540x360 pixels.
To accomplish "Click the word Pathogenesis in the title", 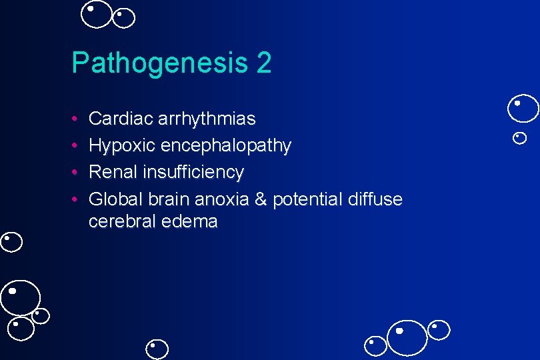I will (160, 64).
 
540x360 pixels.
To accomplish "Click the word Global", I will (115, 199).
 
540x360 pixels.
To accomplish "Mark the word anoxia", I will (222, 199).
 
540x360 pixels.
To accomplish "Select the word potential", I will (306, 199).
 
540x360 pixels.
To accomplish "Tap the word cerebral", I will (121, 221).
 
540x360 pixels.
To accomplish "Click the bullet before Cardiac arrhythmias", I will (76, 119).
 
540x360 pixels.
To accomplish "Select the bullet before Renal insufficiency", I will (76, 173).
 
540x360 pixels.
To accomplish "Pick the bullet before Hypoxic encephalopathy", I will (76, 146).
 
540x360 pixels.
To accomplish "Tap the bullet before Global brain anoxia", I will (76, 199).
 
